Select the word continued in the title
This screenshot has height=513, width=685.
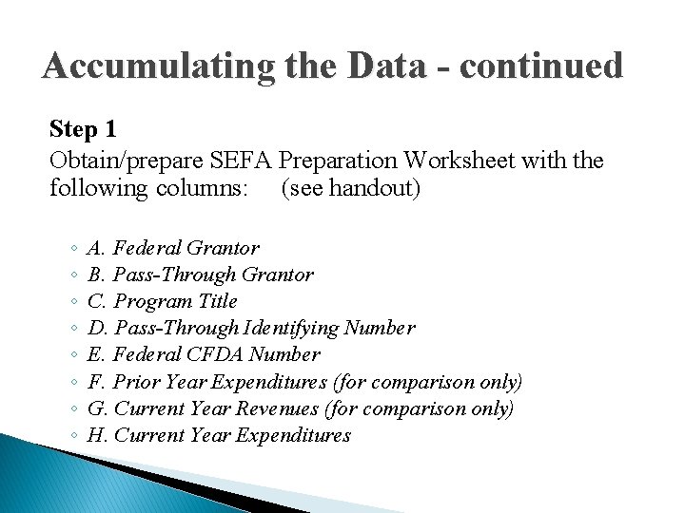pyautogui.click(x=541, y=66)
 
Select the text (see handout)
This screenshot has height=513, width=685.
pyautogui.click(x=350, y=188)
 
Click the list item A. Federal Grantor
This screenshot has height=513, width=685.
pyautogui.click(x=172, y=248)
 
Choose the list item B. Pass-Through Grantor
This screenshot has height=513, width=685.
pyautogui.click(x=200, y=275)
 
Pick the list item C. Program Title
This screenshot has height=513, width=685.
pyautogui.click(x=162, y=301)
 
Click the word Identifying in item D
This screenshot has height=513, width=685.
pyautogui.click(x=292, y=328)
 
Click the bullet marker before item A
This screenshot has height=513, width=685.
pyautogui.click(x=73, y=249)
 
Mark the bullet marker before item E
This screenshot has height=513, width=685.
pyautogui.click(x=73, y=355)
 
